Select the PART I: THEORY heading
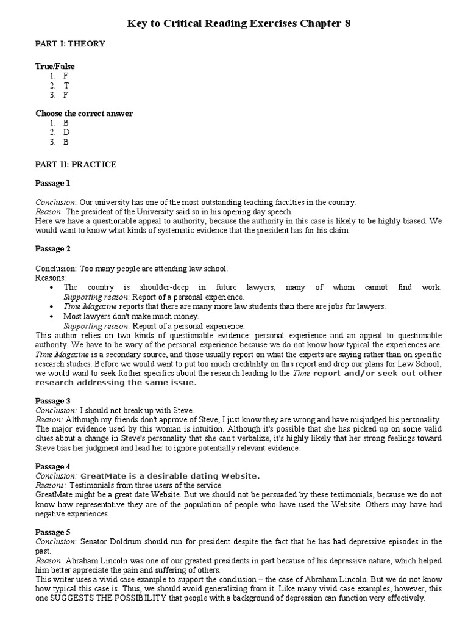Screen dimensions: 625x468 click(x=70, y=43)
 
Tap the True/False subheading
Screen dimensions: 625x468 click(x=55, y=66)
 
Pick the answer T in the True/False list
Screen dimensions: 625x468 click(x=66, y=85)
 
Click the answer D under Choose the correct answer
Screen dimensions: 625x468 click(x=66, y=132)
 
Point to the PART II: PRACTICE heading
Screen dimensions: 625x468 click(x=76, y=164)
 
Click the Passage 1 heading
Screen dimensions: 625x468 click(x=53, y=183)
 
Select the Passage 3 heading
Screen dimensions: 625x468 click(x=53, y=401)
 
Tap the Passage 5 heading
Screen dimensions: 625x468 click(x=53, y=532)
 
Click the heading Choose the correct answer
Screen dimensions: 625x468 click(x=84, y=113)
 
